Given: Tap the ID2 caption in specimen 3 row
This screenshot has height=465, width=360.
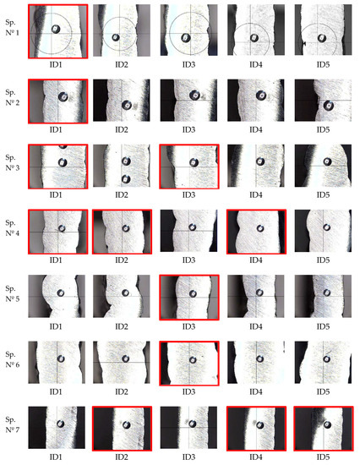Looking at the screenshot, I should point(123,196).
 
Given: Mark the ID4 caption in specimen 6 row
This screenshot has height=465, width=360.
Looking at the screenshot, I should point(256,394).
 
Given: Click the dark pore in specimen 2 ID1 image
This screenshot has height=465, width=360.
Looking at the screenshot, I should point(63,98).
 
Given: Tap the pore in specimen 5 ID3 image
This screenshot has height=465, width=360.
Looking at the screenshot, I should point(191,293).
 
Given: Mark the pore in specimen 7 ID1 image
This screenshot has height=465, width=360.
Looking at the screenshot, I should point(59,424).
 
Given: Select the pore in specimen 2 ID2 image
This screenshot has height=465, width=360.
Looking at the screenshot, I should point(127,106).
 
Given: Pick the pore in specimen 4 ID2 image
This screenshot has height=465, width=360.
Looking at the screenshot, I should point(125,227).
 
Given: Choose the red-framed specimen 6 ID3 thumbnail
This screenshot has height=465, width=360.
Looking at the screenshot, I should point(189,364).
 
